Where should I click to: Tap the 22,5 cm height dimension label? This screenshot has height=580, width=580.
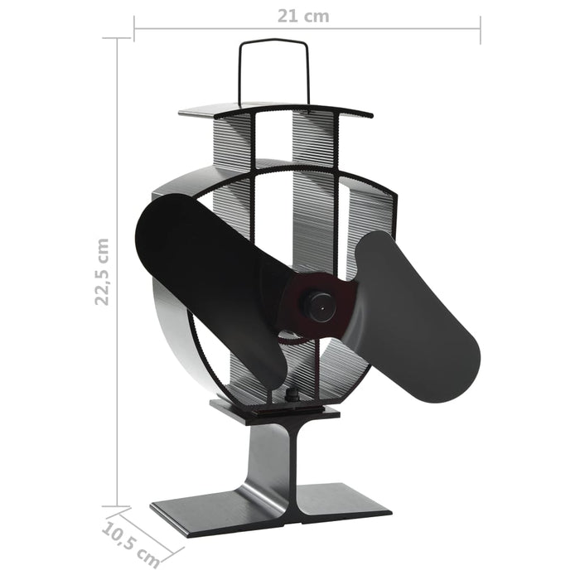[x=101, y=272]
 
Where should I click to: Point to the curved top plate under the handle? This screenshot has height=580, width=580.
[x=273, y=109]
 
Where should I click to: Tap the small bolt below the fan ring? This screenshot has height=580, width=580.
[x=292, y=396]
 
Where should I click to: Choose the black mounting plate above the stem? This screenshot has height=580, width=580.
[x=273, y=408]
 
